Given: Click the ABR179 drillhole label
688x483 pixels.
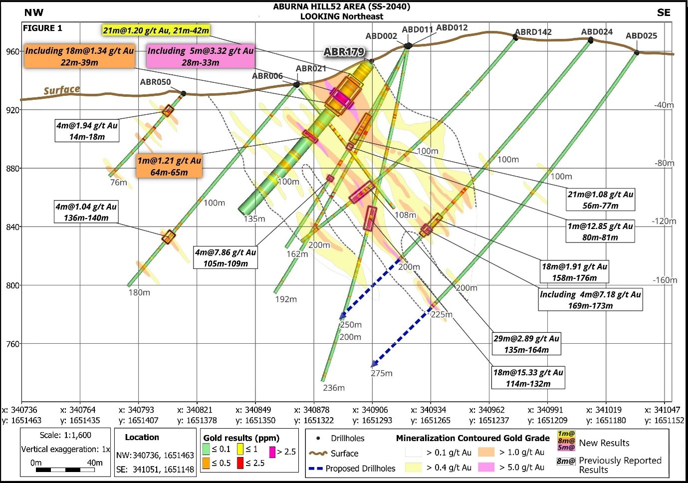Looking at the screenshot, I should [344, 52].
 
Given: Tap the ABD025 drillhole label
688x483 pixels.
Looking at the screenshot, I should [641, 36].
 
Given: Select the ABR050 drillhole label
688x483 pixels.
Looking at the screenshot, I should [155, 82].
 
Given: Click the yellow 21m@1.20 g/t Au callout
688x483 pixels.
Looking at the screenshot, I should [156, 30].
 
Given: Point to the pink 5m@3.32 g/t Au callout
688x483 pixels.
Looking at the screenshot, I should [200, 56].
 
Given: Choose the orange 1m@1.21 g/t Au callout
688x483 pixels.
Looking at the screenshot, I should [169, 166].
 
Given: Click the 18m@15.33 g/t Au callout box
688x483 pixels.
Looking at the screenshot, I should [528, 378].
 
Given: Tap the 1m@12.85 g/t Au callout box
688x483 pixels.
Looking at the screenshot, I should [600, 232].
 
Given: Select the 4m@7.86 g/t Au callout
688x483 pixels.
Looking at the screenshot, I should [226, 258].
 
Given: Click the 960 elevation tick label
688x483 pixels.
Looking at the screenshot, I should [13, 51].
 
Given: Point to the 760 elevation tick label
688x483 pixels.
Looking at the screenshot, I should [13, 344].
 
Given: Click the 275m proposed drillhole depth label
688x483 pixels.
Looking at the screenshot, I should [381, 373].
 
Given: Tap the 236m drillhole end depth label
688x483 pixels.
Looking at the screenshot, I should [334, 388].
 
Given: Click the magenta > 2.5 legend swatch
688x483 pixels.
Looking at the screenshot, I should [272, 452].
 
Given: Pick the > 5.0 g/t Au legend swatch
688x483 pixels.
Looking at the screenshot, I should [486, 467].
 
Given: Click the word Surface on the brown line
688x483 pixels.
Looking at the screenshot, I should [62, 90].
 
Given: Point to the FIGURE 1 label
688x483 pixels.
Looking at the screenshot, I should [42, 28].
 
